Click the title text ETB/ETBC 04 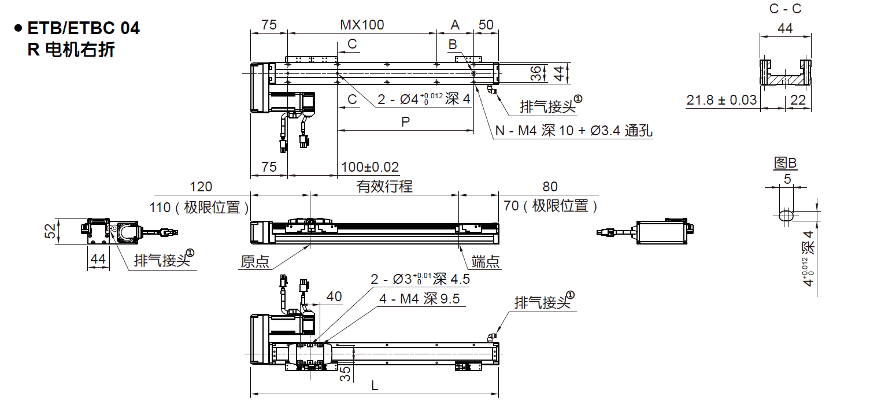coord(83,28)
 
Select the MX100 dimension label coord(362,25)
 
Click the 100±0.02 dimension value coord(370,167)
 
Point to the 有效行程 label coord(384,186)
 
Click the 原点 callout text coord(255,262)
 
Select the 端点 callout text coord(486,262)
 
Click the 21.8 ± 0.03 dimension coord(721,100)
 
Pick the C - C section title coord(785,9)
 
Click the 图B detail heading coord(786,164)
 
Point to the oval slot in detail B coord(786,216)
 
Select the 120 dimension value coord(201,186)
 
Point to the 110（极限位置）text coord(202,207)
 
